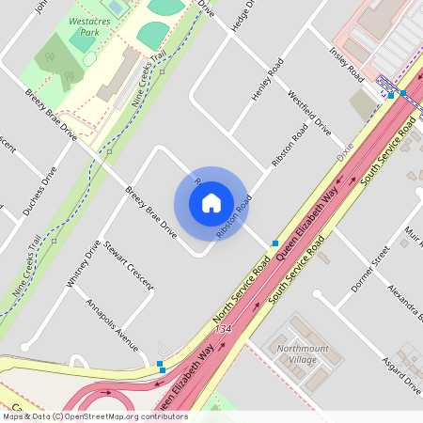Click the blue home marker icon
click(211, 202)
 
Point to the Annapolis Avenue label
click(112, 321)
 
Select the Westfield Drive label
click(309, 111)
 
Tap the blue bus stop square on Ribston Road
click(274, 243)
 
